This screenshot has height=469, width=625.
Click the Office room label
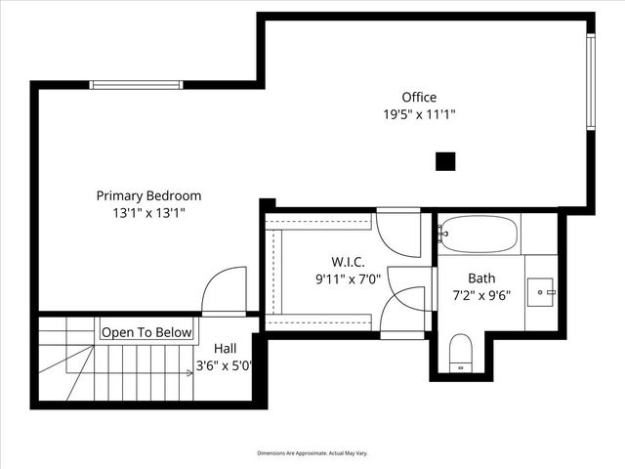pos(419,97)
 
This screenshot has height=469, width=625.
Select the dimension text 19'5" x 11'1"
pos(419,114)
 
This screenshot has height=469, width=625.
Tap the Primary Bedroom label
pos(148,194)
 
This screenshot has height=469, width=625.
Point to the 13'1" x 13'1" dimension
pos(148,212)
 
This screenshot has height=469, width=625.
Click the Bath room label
pos(481,277)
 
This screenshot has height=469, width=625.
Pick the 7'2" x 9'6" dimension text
pos(481,295)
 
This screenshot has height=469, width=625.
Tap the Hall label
pos(226,348)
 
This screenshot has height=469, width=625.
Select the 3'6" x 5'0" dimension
pos(226,366)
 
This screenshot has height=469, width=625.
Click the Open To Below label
pos(147,332)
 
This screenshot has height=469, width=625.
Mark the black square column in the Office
pos(445,161)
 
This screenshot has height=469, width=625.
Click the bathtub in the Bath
pos(478,234)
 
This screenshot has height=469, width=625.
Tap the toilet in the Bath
pos(461,353)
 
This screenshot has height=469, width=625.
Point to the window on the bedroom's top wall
pos(136,84)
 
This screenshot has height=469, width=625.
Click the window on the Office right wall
pos(590,82)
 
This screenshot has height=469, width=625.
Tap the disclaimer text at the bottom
pos(312,453)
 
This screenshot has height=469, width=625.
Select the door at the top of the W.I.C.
pos(397,231)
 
